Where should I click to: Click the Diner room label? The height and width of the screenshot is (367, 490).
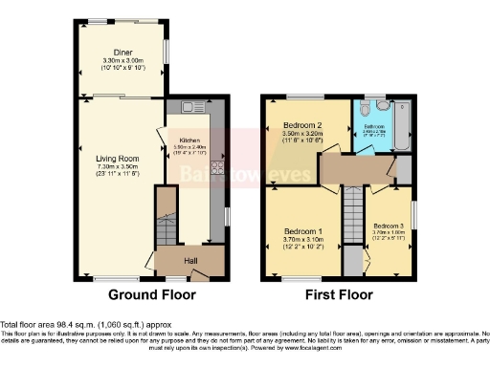pos(122,52)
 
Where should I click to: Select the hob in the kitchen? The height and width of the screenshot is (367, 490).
pos(216,170)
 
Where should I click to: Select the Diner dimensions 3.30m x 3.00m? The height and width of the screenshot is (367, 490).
pos(122,60)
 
